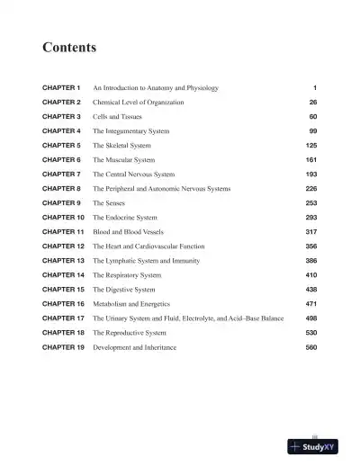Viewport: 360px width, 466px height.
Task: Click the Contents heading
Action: pos(70,46)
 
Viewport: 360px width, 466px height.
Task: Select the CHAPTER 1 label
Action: pos(62,88)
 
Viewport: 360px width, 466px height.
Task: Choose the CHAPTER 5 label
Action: pos(62,146)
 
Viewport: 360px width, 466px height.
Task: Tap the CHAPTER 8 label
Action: pos(62,189)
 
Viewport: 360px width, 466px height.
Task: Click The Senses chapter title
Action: pos(111,203)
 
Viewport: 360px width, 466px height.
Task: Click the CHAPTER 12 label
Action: pos(64,246)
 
